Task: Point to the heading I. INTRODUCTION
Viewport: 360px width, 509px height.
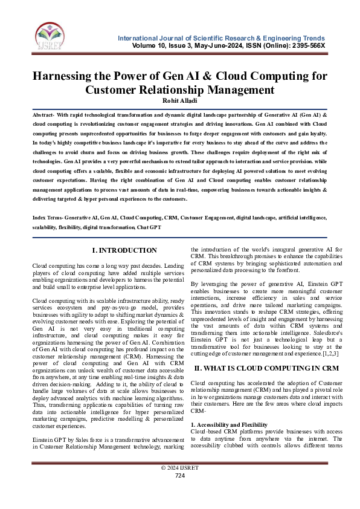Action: pos(124,250)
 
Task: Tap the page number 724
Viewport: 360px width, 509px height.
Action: pos(179,493)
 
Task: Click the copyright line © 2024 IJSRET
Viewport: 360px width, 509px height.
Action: pos(179,485)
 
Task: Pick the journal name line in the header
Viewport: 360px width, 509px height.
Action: pos(222,38)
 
